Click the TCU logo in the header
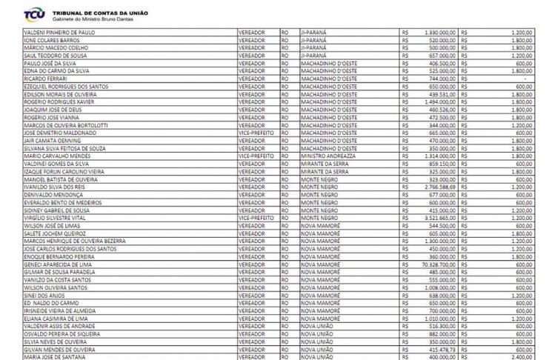[33, 13]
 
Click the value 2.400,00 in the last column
[521, 356]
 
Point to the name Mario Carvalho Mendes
[54, 156]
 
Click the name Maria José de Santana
[53, 356]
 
